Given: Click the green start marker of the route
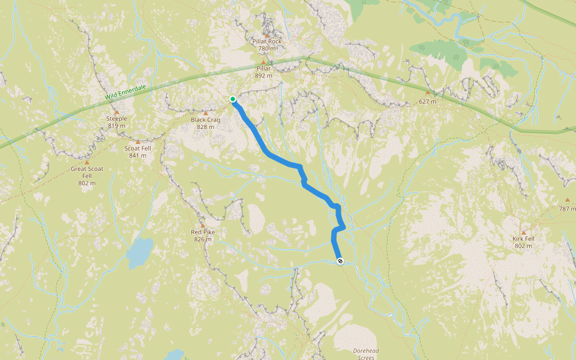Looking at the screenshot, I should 233,99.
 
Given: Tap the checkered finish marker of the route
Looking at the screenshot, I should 340,261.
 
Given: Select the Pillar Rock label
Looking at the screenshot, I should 267,41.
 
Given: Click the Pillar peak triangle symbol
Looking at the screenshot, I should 263,61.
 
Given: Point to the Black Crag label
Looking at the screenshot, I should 206,120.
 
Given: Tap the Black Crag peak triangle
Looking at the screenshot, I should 206,113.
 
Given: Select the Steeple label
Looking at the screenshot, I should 116,119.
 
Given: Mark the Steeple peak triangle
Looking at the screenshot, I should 116,112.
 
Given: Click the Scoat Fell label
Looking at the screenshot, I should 138,148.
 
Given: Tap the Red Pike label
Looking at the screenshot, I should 203,232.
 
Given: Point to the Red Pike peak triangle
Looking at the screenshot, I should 203,225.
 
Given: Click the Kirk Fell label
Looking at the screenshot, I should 523,239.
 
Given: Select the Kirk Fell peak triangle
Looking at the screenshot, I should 523,232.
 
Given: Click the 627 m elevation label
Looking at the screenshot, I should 427,101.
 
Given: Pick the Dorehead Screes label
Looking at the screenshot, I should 364,353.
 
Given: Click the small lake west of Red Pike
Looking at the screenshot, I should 139,253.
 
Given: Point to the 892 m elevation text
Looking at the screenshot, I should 263,76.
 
